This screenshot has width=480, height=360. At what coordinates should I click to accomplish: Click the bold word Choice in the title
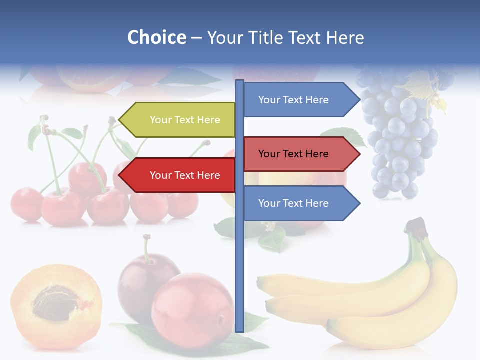point(156,37)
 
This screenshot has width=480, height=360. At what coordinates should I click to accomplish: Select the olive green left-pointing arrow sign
point(177,120)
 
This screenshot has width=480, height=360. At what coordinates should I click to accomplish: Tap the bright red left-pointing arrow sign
point(177,175)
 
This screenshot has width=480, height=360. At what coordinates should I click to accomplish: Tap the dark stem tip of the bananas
point(416,226)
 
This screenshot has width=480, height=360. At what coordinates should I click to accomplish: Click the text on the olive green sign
point(185,120)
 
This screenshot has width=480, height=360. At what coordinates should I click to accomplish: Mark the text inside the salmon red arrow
point(293,154)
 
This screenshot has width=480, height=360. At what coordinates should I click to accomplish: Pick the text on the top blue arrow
point(293,100)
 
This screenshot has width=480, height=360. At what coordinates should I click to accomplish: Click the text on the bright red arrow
point(185,175)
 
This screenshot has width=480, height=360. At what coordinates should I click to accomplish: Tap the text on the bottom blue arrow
point(293,203)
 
